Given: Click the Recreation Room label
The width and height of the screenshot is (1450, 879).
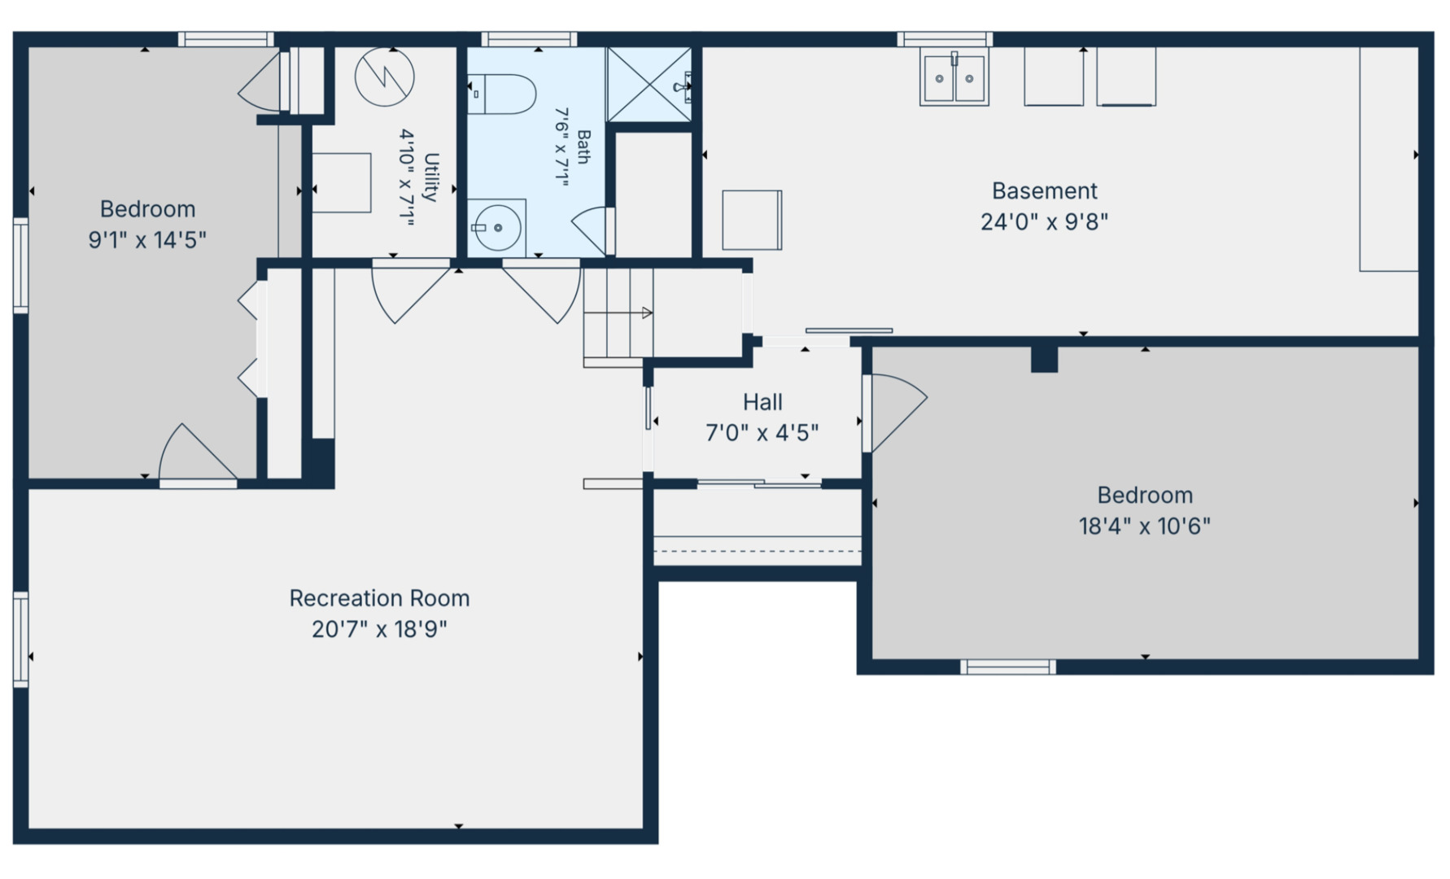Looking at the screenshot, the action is coord(379,598).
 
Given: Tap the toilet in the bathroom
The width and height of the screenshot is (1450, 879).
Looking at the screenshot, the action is coord(502,94).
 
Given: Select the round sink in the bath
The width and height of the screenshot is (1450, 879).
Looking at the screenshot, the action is coord(496,228).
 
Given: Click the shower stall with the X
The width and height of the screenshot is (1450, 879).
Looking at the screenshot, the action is coord(649,85).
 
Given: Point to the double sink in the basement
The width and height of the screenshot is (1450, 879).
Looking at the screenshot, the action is coord(954,77).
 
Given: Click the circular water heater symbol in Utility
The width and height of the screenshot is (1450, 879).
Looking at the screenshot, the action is coord(385,77).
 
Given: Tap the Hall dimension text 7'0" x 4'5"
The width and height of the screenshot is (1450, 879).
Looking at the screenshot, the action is coord(762,433).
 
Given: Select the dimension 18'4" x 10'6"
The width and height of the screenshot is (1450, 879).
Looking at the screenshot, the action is coord(1144,527).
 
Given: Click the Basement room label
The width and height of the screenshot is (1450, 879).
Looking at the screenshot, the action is coord(1045,191).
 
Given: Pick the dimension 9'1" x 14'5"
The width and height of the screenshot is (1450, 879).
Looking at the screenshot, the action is coord(147,240).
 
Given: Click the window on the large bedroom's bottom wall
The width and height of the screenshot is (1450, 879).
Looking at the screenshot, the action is coord(1008,667).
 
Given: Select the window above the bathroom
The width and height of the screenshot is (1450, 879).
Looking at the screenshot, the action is coord(529,39).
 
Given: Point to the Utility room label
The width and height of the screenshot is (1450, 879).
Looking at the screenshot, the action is coord(431,177).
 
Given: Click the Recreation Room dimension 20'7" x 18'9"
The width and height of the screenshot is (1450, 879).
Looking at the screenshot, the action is coord(379,629).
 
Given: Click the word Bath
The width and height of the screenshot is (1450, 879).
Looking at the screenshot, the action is coord(583,147).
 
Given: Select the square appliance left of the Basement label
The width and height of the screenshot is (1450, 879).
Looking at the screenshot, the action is coord(753,221).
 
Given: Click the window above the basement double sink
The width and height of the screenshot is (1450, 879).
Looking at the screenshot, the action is coord(945,39).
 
